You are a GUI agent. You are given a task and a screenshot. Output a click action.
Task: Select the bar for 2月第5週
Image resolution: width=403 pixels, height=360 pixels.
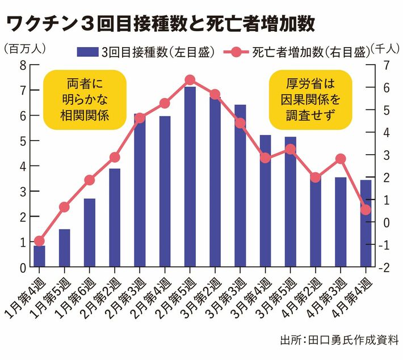coord(190,176)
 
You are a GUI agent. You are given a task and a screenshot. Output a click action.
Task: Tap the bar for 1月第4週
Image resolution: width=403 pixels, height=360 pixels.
coord(39,256)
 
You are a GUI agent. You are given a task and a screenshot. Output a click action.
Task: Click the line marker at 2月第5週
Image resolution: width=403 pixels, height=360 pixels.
coord(190,80)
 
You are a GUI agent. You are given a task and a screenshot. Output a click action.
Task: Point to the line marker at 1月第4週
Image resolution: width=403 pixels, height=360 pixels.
coord(39,241)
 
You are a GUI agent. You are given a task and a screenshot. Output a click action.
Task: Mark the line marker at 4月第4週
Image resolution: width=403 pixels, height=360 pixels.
coord(366,210)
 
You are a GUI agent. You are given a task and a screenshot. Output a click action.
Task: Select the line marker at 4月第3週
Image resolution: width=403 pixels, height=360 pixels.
coord(341,159)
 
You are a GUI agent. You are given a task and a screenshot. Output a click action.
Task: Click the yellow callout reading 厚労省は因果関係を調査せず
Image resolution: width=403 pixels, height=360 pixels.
coord(310,100)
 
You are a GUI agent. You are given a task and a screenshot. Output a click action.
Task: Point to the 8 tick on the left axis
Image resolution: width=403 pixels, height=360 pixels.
coord(22,65)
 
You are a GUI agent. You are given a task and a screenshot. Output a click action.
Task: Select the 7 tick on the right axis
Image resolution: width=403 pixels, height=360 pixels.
coord(384,65)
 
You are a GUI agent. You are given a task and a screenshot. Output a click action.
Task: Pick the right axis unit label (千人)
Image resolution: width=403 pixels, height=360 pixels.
coord(384,49)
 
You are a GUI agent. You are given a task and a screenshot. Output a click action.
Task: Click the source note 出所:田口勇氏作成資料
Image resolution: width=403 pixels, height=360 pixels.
coord(339,341)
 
